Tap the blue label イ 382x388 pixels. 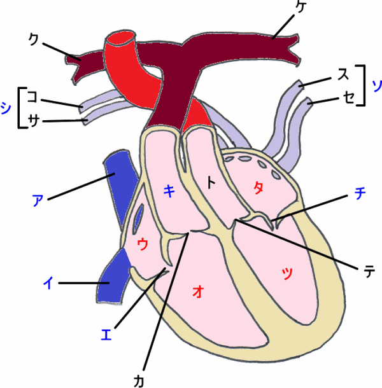pyautogui.click(x=48, y=283)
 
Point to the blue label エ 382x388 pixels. pyautogui.click(x=107, y=333)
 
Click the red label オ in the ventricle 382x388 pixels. pyautogui.click(x=198, y=291)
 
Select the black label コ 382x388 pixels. pyautogui.click(x=32, y=97)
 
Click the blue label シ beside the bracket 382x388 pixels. pyautogui.click(x=6, y=109)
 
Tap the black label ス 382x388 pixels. pyautogui.click(x=343, y=74)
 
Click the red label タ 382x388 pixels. pyautogui.click(x=258, y=188)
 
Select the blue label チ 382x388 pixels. pyautogui.click(x=359, y=194)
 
